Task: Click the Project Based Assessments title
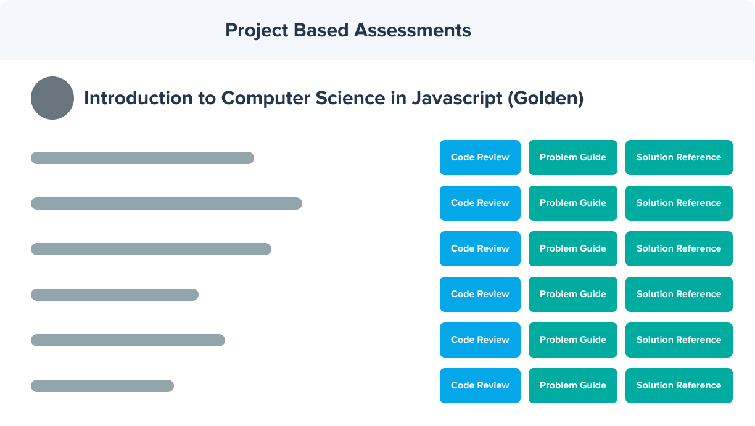coord(348,30)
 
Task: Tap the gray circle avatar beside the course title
coord(52,98)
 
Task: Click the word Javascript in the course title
coord(457,99)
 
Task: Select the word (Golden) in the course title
coord(546,99)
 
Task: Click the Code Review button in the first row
coord(480,158)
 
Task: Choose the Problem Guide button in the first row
coord(573,158)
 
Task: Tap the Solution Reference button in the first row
coord(679,158)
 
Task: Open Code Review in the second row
coord(480,203)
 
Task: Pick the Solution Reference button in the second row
coord(679,203)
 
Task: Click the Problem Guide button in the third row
coord(573,249)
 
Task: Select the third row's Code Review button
coord(480,249)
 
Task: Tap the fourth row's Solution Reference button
coord(679,294)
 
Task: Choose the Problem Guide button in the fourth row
coord(573,294)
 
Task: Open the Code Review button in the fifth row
coord(480,340)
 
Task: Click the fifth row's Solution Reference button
coord(679,340)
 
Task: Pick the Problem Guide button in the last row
coord(573,385)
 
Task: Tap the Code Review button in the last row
coord(480,385)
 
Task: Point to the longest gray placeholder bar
coord(167,203)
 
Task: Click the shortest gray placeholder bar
coord(102,386)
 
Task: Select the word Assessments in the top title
coord(413,30)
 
